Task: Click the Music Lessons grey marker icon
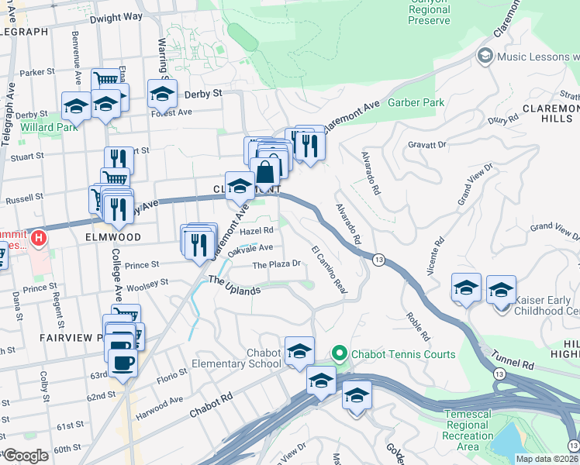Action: click(485, 56)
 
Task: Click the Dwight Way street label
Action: click(116, 16)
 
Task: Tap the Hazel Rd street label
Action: click(257, 231)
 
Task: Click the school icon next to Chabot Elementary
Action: click(299, 351)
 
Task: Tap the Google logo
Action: click(26, 456)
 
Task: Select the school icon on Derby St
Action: click(162, 94)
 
